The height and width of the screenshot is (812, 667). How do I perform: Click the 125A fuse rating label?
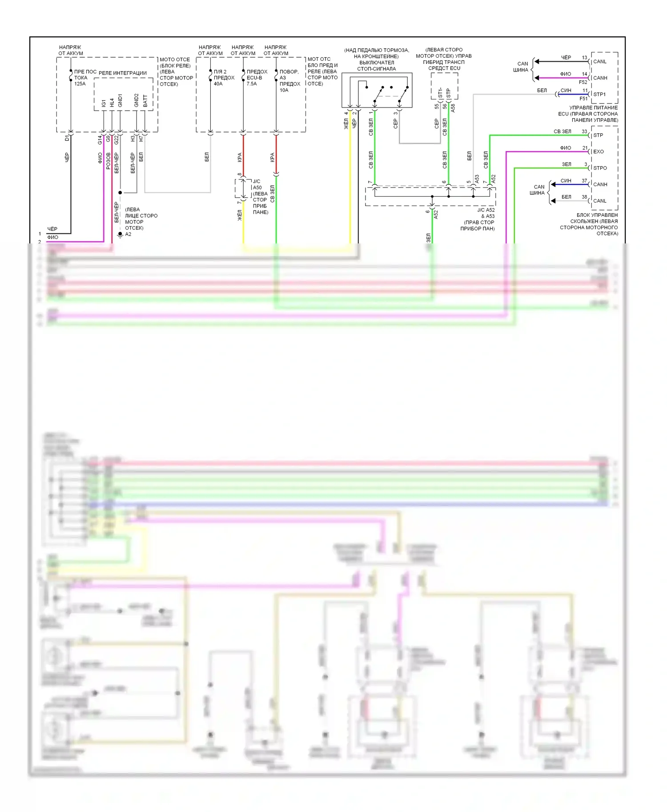(x=80, y=84)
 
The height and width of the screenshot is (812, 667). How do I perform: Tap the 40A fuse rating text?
(x=218, y=84)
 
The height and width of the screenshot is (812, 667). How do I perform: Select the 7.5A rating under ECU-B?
(x=252, y=84)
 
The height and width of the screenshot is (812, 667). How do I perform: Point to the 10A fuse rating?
(x=284, y=90)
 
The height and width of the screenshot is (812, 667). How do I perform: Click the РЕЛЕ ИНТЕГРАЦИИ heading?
(x=123, y=73)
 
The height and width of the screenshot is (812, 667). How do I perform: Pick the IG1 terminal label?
(x=104, y=103)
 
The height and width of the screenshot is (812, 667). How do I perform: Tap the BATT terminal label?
(x=145, y=101)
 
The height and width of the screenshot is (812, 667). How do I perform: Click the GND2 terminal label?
(x=137, y=100)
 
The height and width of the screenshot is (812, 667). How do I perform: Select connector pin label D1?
(x=67, y=139)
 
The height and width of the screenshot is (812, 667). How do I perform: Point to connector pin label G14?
(x=100, y=140)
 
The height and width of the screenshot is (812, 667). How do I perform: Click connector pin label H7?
(x=141, y=139)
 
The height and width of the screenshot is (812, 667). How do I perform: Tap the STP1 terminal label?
(x=599, y=94)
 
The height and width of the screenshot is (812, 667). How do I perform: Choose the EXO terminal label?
(x=599, y=151)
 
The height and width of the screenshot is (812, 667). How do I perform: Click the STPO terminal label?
(x=600, y=168)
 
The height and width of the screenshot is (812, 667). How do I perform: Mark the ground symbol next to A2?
(x=120, y=235)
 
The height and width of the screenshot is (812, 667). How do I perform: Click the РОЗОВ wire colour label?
(x=108, y=161)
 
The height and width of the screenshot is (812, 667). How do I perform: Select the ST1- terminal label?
(x=440, y=93)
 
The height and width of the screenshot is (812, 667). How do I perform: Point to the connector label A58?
(x=453, y=108)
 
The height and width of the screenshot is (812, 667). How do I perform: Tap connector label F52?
(x=583, y=82)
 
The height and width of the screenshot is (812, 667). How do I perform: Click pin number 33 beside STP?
(x=584, y=131)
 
